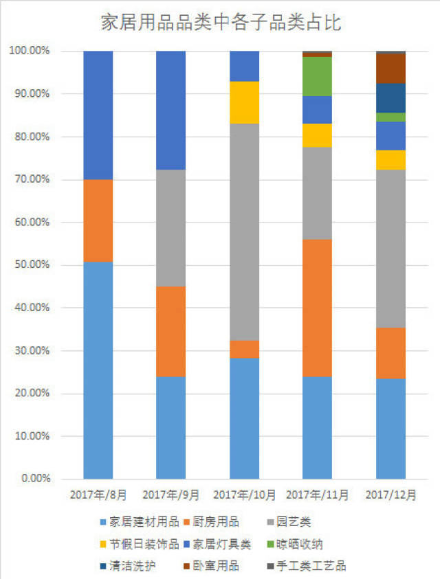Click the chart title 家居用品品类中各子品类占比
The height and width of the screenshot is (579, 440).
point(221,23)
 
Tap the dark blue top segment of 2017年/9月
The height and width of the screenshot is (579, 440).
point(171,110)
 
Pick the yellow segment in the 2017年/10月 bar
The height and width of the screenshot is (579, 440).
point(244,102)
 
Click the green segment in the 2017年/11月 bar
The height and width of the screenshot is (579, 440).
point(318,76)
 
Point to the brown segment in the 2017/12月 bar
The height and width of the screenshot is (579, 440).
point(390,68)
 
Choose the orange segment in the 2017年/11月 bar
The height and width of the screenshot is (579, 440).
point(318,308)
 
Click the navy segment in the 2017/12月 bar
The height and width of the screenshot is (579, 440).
point(390,98)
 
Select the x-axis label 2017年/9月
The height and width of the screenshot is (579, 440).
point(170,495)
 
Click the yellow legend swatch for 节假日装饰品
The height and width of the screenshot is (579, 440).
point(104,545)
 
